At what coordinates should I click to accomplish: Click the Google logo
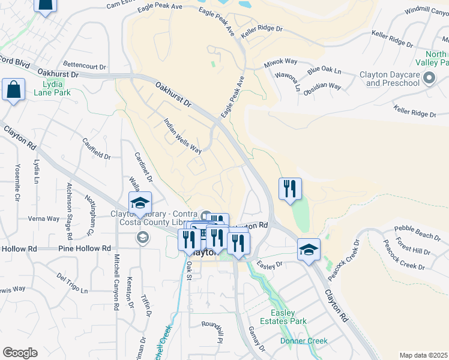[x=20, y=353]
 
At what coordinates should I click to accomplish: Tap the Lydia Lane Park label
[x=52, y=88]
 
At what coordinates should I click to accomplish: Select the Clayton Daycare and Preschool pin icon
[x=429, y=79]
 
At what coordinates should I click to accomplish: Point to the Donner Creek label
[x=304, y=341]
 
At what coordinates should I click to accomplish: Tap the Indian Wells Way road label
[x=183, y=136]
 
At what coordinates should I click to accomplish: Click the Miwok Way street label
[x=280, y=62]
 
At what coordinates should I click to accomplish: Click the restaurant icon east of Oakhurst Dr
[x=291, y=190]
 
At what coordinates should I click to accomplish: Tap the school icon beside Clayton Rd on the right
[x=309, y=249]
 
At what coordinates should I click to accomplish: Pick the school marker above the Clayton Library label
[x=140, y=203]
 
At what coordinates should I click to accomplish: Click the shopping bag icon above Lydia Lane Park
[x=13, y=90]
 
